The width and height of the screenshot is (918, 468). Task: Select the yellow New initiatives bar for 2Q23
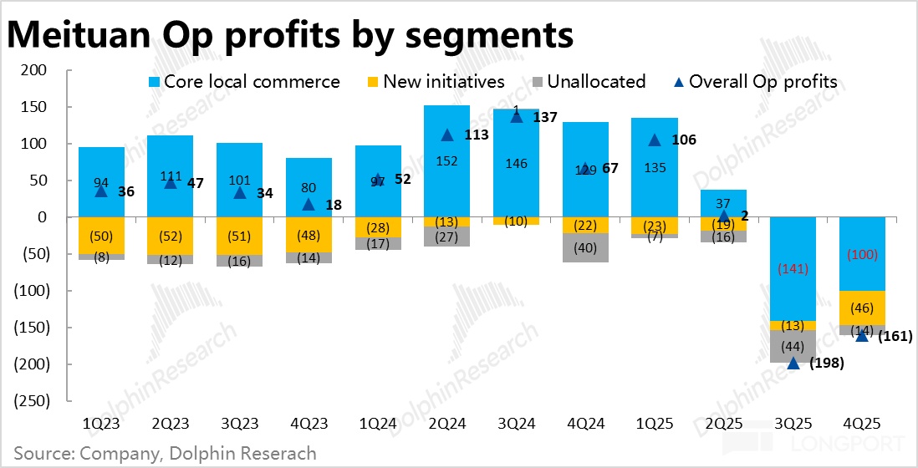171,236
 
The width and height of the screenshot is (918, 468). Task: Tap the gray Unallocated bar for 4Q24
585,247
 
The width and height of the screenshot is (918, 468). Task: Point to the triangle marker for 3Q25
793,364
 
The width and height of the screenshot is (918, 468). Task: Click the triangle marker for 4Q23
309,204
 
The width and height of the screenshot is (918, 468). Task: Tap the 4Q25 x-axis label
862,425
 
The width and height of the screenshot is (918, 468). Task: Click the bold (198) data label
825,364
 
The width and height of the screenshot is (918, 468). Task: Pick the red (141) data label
793,270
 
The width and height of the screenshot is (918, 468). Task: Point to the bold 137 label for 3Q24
545,118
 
